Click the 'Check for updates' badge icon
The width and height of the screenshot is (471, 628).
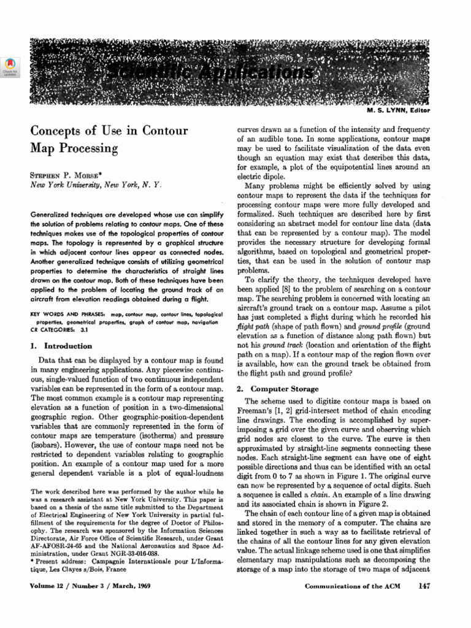pos(10,66)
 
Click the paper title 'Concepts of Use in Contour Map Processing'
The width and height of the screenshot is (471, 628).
pos(109,139)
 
